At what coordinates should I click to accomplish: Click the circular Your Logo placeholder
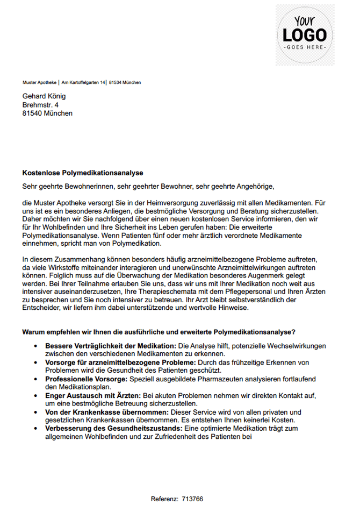click(305, 35)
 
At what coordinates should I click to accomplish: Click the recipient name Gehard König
click(44, 96)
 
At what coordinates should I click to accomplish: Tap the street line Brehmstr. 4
click(40, 105)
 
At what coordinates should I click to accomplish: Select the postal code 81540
click(32, 113)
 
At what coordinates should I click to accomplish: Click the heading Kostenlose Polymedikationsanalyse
click(82, 173)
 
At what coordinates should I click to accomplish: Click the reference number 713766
click(192, 499)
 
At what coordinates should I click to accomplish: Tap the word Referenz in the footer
click(164, 499)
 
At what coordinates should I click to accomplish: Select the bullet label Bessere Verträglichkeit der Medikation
click(111, 346)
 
